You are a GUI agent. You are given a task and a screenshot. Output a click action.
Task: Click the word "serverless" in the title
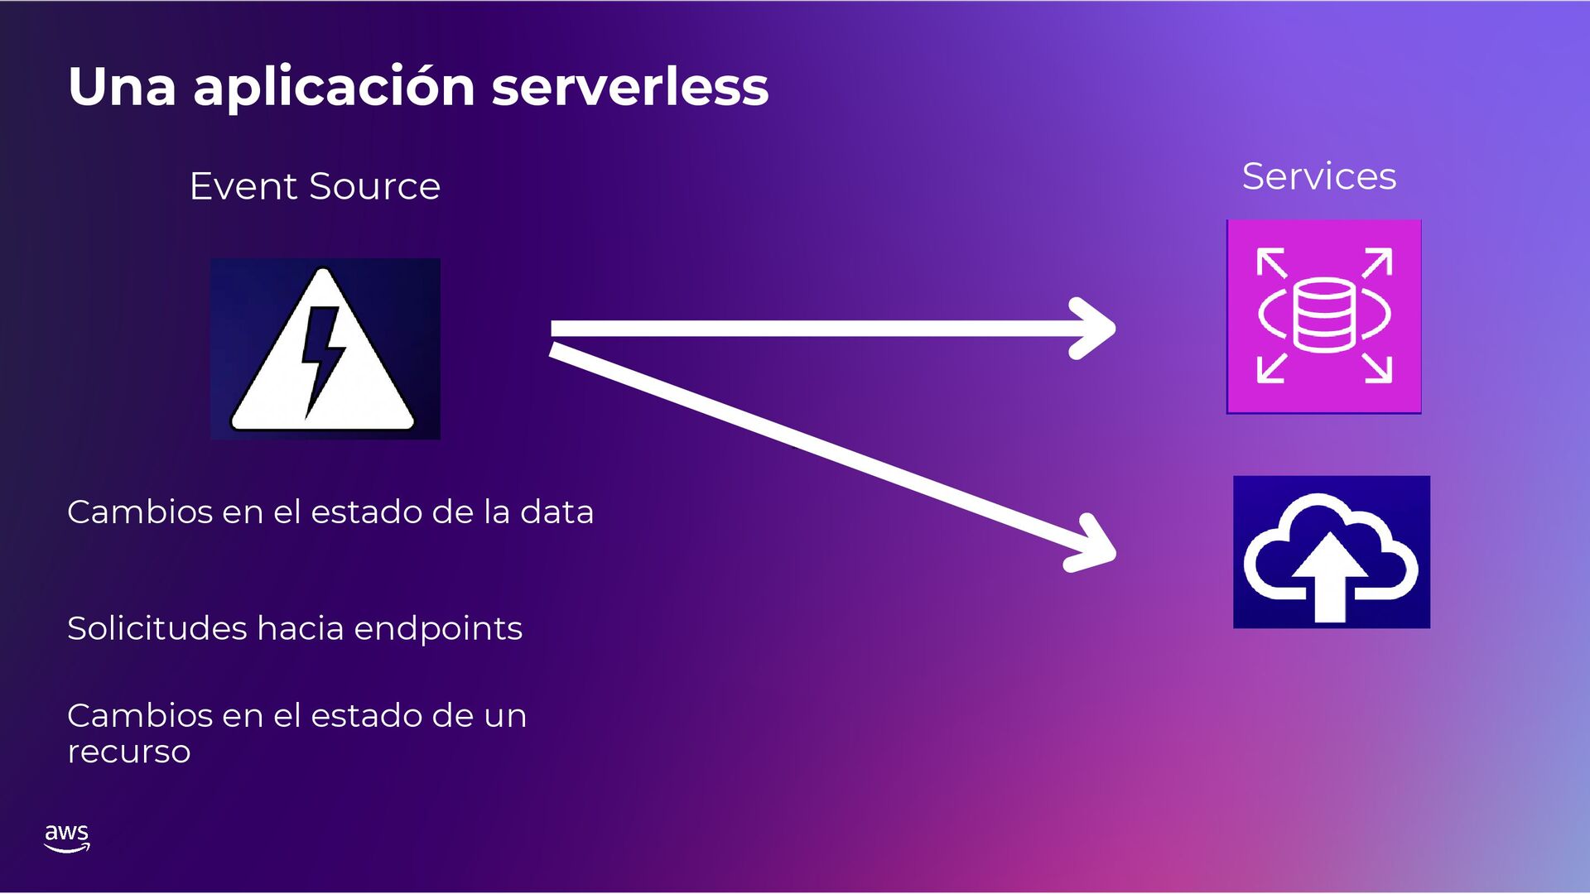tap(629, 87)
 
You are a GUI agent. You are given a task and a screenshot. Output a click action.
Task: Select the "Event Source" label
tap(315, 186)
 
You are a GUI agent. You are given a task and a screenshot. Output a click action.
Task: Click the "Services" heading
tap(1318, 176)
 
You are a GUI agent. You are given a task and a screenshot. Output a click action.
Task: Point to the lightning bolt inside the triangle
tap(321, 356)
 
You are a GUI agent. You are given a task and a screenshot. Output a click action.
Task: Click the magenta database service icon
tap(1323, 316)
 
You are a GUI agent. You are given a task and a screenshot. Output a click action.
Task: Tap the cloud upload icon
tap(1331, 551)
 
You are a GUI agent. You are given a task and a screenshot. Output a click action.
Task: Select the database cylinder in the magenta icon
tap(1323, 315)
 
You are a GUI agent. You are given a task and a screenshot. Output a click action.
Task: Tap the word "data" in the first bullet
tap(556, 512)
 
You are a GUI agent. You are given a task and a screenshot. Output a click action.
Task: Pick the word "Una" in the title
tap(122, 87)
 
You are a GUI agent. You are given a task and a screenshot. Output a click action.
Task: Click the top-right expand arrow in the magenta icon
tap(1378, 262)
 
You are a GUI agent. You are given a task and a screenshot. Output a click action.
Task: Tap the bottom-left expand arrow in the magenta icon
tap(1270, 368)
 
